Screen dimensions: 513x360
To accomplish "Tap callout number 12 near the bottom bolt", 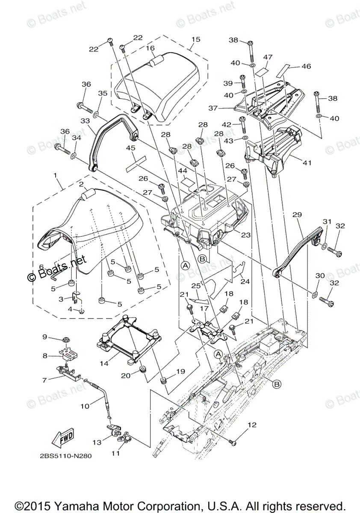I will pyautogui.click(x=252, y=425).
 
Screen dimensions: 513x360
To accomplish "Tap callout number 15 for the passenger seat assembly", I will pyautogui.click(x=196, y=40).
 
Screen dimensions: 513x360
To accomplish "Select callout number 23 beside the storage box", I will pyautogui.click(x=245, y=234).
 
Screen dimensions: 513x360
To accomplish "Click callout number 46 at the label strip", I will pyautogui.click(x=306, y=66).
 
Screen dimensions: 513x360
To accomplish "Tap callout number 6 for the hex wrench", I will pyautogui.click(x=42, y=266).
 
